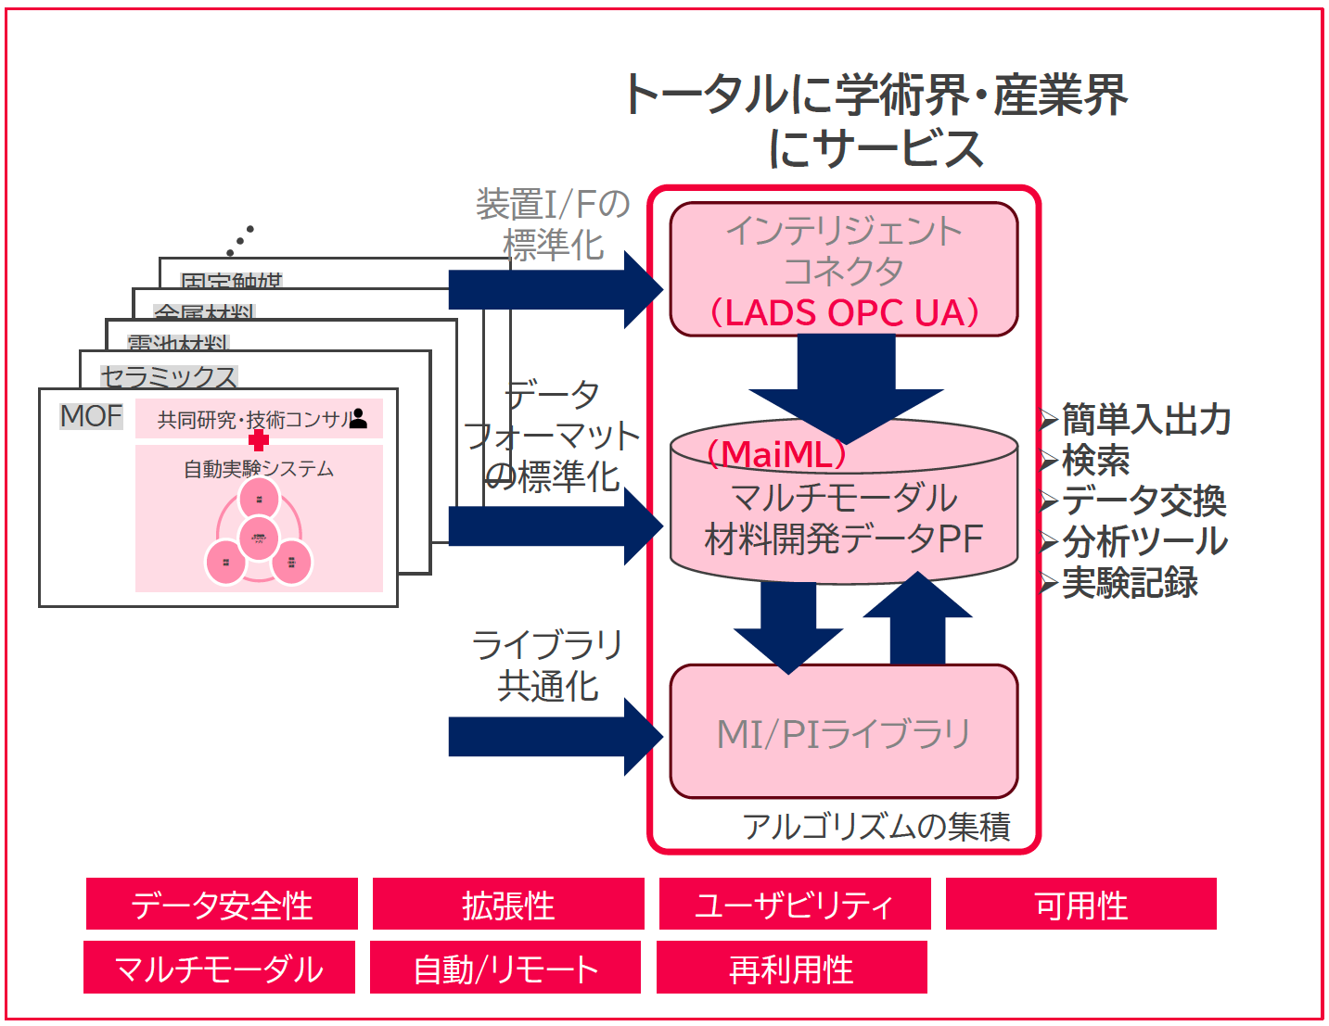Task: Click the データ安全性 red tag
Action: pos(222,905)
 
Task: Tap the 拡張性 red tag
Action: pos(508,905)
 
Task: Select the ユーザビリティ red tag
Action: pos(795,905)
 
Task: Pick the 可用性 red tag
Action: pos(1081,905)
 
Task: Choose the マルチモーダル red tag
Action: pos(219,968)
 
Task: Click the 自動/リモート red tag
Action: pos(505,968)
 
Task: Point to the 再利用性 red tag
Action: pos(792,968)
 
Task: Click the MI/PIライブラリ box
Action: pos(843,732)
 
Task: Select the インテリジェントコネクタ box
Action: pos(843,250)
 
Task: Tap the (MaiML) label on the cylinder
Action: pos(777,454)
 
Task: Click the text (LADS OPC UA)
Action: pos(844,312)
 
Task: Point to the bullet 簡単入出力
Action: pos(1146,420)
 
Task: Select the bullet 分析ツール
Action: pos(1144,541)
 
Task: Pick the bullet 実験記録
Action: pos(1130,582)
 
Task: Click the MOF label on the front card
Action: pos(91,416)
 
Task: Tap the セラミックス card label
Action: pos(169,375)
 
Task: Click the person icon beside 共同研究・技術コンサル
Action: pos(359,419)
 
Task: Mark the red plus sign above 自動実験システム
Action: pos(259,440)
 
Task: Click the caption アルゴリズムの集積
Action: pos(875,825)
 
